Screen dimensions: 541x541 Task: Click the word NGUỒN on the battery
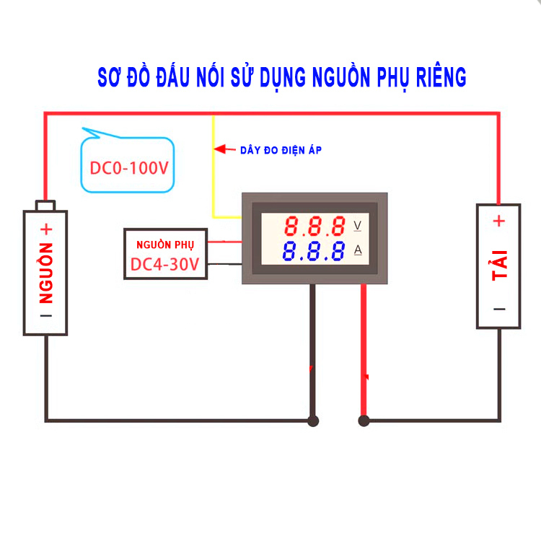click(46, 275)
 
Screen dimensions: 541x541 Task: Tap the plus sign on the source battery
click(46, 230)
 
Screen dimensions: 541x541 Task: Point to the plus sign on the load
click(499, 221)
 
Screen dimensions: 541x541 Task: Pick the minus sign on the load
click(499, 309)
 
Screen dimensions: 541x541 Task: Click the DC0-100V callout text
click(129, 169)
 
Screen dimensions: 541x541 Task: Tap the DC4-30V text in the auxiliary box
click(165, 265)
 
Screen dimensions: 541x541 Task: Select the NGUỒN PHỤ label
click(165, 244)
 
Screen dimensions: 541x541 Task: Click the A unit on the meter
click(358, 251)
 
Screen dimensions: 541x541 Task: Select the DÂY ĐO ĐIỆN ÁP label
click(281, 150)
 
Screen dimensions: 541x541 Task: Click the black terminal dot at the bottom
click(313, 420)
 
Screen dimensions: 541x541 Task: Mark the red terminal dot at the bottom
click(364, 420)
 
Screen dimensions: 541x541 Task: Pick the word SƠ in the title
click(110, 76)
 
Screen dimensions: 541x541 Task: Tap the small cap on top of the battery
click(46, 206)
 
